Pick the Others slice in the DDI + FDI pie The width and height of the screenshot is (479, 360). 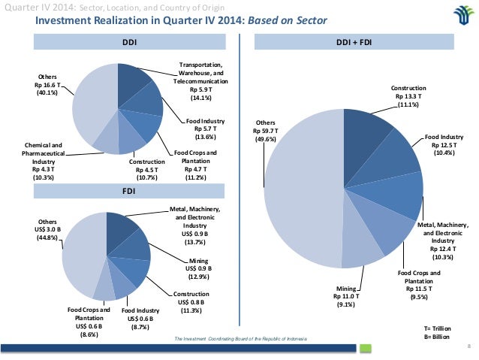tap(300, 188)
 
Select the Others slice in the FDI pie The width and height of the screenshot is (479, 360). tap(79, 248)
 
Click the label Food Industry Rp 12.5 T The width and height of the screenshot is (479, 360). tap(444, 144)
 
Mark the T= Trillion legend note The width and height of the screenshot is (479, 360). tap(438, 328)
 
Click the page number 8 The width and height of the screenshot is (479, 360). tap(468, 346)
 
